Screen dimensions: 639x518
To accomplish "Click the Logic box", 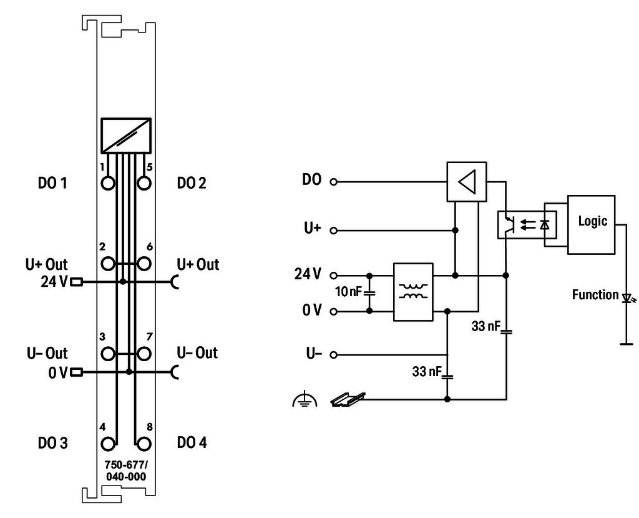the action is (x=591, y=225).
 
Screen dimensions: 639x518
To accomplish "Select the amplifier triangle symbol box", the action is (x=467, y=182).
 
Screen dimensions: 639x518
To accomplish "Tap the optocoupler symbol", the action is (x=527, y=224).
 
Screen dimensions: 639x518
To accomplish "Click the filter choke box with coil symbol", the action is (x=413, y=292).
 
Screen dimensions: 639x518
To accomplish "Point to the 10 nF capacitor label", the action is (x=348, y=291).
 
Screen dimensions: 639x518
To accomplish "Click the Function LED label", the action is (x=595, y=295).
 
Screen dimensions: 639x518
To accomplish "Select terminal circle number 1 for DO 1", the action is (x=108, y=183).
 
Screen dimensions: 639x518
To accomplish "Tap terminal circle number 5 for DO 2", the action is (x=144, y=183).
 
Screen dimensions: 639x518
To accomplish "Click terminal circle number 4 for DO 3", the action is (x=108, y=444).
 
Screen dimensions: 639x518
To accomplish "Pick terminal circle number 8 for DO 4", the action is (x=144, y=444).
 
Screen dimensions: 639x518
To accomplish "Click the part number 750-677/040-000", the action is (x=126, y=471).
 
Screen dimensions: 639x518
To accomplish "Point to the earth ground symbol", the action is (x=305, y=399).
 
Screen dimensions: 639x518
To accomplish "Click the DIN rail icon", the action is (x=348, y=399).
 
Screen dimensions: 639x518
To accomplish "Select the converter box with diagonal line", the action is (x=126, y=136).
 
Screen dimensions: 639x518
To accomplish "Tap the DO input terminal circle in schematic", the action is (x=333, y=182).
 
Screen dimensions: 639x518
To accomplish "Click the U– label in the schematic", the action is (x=314, y=353).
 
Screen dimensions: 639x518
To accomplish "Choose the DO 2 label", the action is (x=192, y=183).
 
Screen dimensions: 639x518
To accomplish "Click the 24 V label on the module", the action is (x=54, y=281).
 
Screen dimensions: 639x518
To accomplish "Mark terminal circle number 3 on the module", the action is (x=108, y=354).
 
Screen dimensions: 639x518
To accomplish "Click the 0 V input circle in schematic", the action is (x=333, y=311).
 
